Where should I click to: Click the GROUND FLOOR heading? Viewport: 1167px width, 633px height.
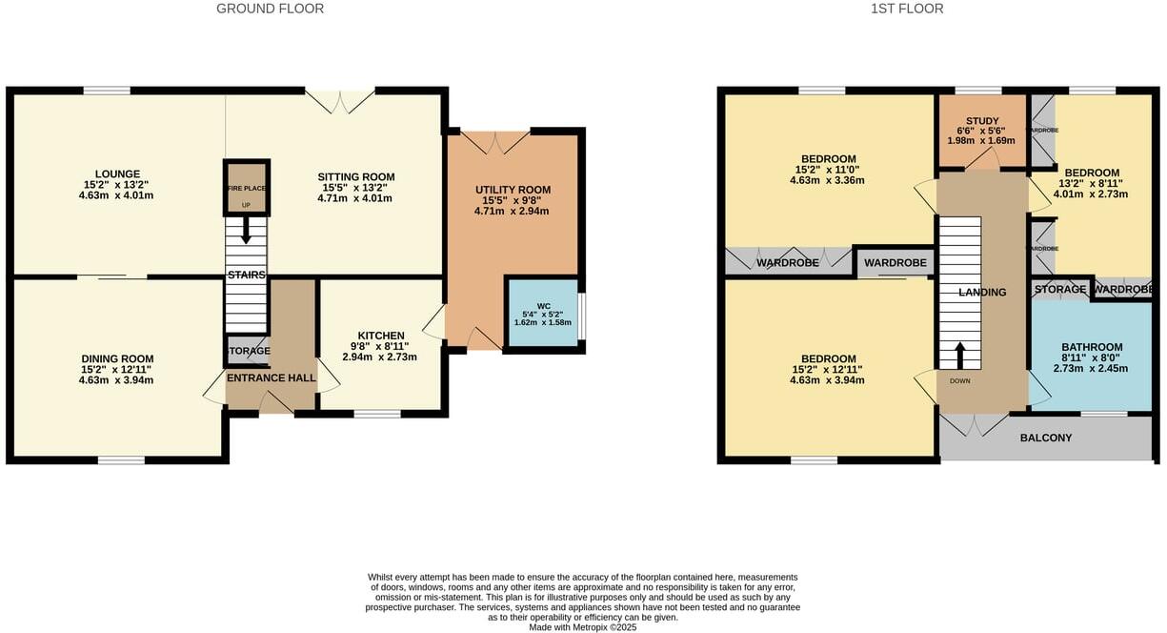tap(270, 9)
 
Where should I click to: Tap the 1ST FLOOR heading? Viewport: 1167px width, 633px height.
tap(907, 9)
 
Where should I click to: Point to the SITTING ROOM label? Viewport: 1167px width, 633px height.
tap(356, 177)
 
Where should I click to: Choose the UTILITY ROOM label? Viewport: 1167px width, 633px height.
tap(513, 191)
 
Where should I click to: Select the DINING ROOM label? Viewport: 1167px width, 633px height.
tap(117, 359)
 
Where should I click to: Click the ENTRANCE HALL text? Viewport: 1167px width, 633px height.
tap(272, 378)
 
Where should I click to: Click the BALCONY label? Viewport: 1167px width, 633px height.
tap(1046, 439)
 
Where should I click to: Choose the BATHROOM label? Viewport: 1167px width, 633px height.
tap(1092, 348)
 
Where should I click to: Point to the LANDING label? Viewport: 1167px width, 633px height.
tap(982, 293)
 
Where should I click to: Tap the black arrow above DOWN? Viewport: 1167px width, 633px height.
tap(960, 355)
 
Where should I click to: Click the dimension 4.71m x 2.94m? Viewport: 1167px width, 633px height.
tap(513, 211)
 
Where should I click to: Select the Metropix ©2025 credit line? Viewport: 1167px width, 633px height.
tap(584, 627)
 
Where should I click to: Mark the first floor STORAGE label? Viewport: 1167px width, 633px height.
tap(1059, 290)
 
